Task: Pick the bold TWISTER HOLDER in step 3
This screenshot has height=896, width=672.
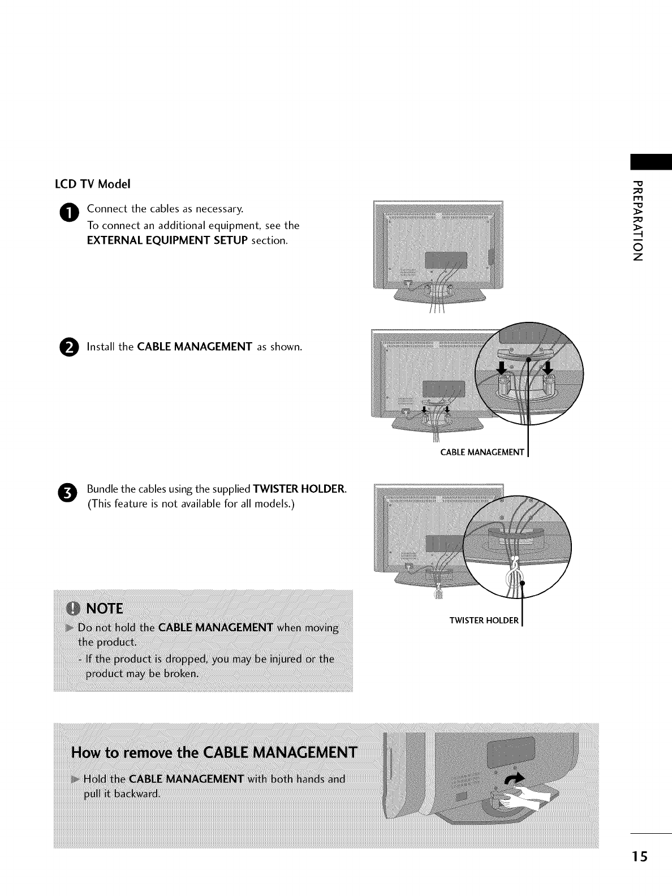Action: pos(299,489)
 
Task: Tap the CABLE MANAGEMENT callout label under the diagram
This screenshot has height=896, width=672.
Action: pos(483,452)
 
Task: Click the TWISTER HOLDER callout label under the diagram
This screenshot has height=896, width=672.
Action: pos(484,621)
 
